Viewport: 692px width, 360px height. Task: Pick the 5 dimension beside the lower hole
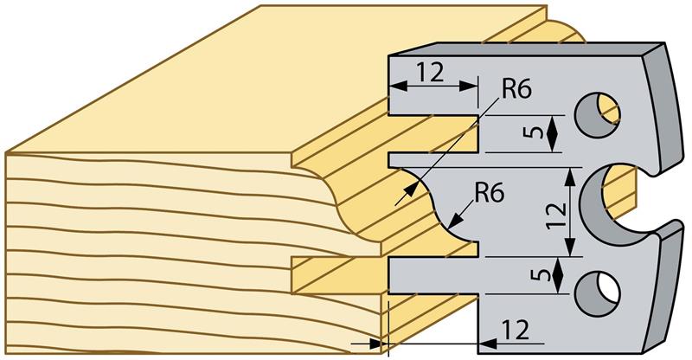coord(536,276)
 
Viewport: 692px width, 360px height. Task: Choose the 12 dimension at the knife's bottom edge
coord(516,330)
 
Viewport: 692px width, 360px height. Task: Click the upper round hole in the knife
coord(597,113)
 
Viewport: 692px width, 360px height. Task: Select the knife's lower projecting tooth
coord(432,275)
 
